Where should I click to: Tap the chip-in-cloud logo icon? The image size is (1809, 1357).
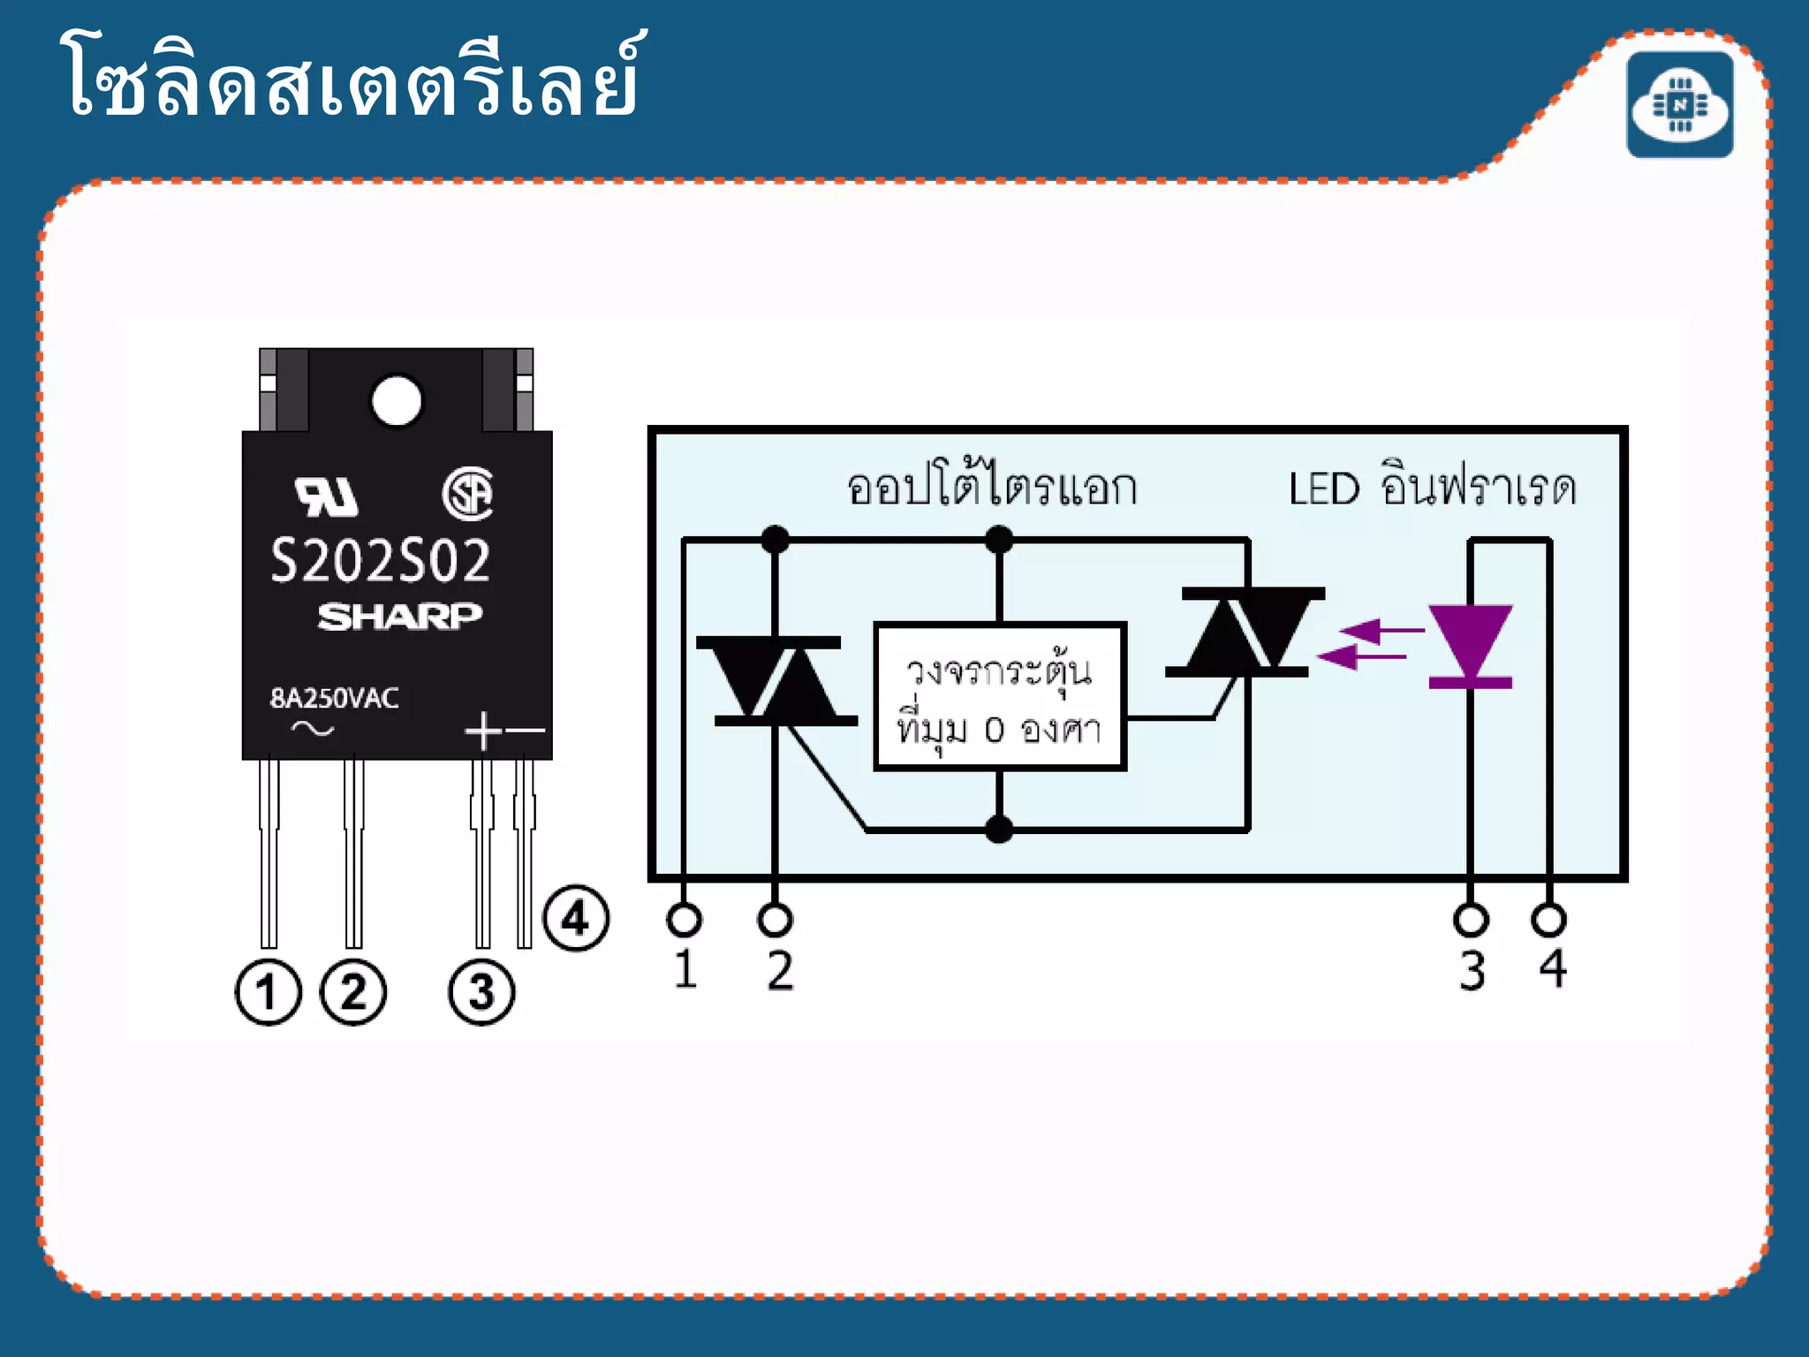click(1679, 105)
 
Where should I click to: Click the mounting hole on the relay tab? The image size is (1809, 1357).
click(397, 400)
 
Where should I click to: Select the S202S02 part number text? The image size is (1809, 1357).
click(380, 561)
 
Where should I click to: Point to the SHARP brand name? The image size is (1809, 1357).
click(399, 616)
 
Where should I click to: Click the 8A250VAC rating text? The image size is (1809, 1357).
click(334, 698)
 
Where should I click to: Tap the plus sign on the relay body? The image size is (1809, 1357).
click(483, 731)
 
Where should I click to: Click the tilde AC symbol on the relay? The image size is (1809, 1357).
click(313, 729)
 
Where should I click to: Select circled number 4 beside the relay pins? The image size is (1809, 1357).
click(576, 918)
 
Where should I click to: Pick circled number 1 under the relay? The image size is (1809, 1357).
click(268, 991)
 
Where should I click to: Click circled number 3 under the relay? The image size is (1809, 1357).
click(481, 991)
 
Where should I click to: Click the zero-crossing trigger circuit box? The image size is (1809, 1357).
click(999, 696)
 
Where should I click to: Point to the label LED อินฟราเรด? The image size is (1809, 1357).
click(1432, 488)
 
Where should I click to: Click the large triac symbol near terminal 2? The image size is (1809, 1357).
click(776, 680)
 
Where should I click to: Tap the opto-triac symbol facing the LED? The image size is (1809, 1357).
click(1245, 632)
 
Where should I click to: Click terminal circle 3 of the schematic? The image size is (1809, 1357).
click(1470, 920)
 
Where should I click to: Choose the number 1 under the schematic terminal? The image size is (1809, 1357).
click(685, 969)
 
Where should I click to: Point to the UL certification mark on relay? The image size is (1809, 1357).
click(327, 497)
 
